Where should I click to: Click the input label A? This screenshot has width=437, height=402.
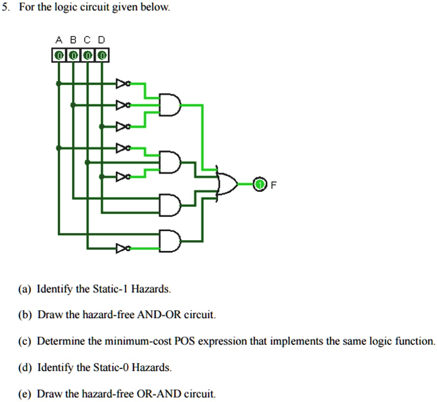(x=59, y=40)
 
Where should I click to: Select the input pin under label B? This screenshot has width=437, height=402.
(x=73, y=55)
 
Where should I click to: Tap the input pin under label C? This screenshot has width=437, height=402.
(x=88, y=55)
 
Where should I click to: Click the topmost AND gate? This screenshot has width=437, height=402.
(x=169, y=105)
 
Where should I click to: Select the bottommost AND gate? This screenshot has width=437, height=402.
(x=169, y=241)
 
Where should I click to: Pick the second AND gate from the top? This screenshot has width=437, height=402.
(x=169, y=162)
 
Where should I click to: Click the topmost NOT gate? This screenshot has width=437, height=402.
(x=123, y=84)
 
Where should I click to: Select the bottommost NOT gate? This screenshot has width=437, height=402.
(x=123, y=248)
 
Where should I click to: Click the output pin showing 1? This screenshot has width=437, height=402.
(x=259, y=184)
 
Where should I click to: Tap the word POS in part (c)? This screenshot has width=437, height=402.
(x=183, y=341)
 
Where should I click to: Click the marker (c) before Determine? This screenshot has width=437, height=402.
(x=25, y=341)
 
